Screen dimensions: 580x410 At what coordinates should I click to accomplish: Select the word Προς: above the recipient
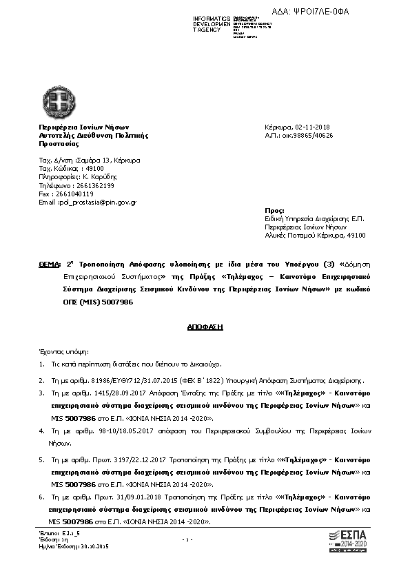274,209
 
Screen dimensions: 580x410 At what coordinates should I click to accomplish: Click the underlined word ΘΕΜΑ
50,264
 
